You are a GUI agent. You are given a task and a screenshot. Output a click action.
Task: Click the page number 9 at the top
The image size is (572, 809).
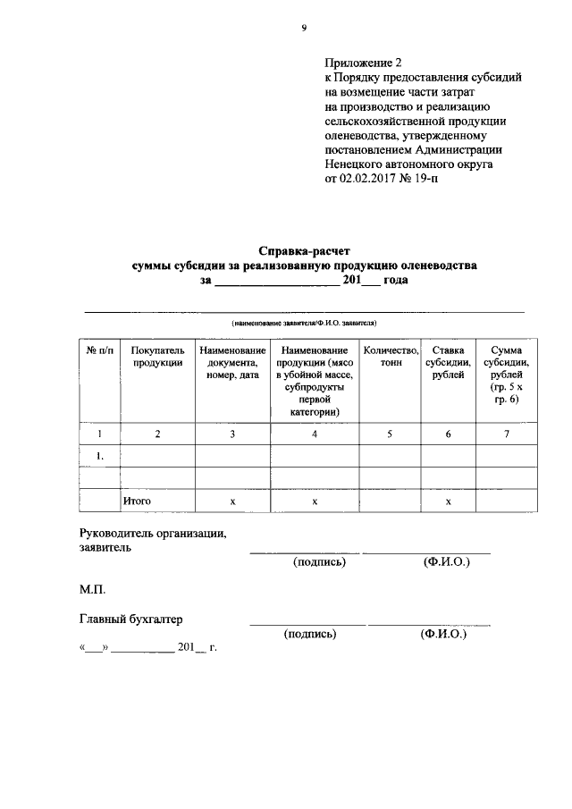303,29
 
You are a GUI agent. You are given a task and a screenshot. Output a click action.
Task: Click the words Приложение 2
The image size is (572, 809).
364,63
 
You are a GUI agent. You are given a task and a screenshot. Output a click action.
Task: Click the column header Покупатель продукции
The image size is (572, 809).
157,357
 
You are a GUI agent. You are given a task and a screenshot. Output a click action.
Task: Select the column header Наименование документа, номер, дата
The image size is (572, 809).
232,363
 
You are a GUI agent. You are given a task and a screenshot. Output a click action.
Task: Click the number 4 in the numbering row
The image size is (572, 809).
315,434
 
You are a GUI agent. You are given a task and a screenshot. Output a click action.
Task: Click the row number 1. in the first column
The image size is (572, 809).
100,456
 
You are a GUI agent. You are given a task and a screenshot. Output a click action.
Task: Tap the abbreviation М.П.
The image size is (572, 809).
93,590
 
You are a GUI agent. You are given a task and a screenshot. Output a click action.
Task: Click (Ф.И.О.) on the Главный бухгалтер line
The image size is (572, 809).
443,634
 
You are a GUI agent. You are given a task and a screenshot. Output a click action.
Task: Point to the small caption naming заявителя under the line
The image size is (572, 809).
304,319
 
